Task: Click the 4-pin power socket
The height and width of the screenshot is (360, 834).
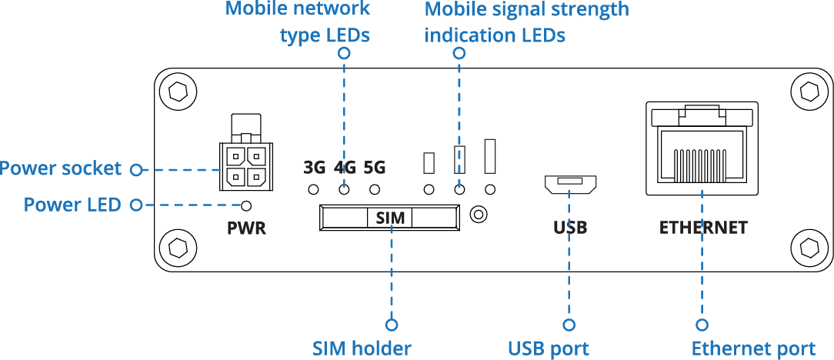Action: pyautogui.click(x=245, y=166)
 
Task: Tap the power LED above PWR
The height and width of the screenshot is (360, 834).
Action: pyautogui.click(x=247, y=205)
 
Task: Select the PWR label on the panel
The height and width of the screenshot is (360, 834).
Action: pyautogui.click(x=247, y=228)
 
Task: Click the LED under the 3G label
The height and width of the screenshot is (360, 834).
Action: pyautogui.click(x=313, y=189)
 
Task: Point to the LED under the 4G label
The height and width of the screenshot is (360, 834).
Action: pyautogui.click(x=344, y=189)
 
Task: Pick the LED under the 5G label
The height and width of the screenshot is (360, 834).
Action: pyautogui.click(x=375, y=189)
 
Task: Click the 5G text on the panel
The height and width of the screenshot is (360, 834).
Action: pyautogui.click(x=375, y=167)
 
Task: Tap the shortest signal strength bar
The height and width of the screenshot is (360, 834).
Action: pyautogui.click(x=429, y=162)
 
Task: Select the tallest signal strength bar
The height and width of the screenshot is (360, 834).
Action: pyautogui.click(x=489, y=155)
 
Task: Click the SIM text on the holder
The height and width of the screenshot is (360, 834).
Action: pyautogui.click(x=390, y=218)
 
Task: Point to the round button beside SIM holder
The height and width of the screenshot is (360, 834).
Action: pyautogui.click(x=479, y=215)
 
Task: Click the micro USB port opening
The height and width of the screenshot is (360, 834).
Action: pyautogui.click(x=569, y=184)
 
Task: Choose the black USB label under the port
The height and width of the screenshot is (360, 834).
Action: pyautogui.click(x=570, y=228)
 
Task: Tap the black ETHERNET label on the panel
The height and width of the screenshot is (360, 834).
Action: pyautogui.click(x=702, y=228)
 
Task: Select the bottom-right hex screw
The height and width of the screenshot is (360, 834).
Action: pyautogui.click(x=809, y=248)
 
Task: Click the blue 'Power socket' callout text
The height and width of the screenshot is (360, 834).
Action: pyautogui.click(x=61, y=168)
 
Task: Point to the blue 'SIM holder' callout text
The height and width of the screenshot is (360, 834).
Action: pyautogui.click(x=362, y=348)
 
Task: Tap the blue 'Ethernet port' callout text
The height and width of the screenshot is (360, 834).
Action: pyautogui.click(x=752, y=348)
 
